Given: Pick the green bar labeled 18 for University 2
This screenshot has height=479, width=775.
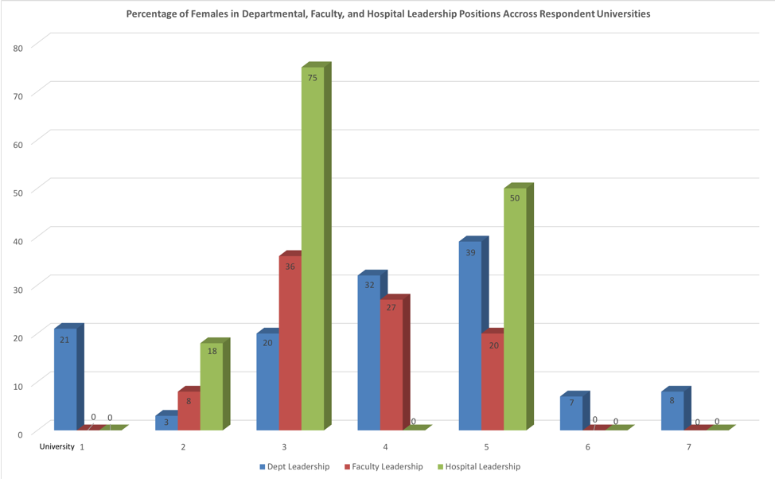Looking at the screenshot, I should click(212, 387).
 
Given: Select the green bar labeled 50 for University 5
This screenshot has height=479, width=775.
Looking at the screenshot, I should click(515, 310).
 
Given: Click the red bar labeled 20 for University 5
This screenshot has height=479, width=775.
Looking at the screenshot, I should click(493, 382).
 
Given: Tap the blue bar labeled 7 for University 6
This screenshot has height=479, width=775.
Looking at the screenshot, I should click(571, 413).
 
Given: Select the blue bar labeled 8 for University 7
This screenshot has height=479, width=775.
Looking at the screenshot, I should click(672, 411).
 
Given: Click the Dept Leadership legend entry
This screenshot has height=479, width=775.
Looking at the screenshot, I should click(294, 467).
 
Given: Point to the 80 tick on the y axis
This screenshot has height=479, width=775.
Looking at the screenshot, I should click(18, 47).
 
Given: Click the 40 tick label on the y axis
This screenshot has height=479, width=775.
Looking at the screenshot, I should click(18, 240).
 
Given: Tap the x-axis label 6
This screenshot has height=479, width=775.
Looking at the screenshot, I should click(588, 447).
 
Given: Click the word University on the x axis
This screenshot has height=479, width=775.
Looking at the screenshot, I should click(56, 447).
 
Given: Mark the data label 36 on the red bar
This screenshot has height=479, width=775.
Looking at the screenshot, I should click(290, 267).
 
